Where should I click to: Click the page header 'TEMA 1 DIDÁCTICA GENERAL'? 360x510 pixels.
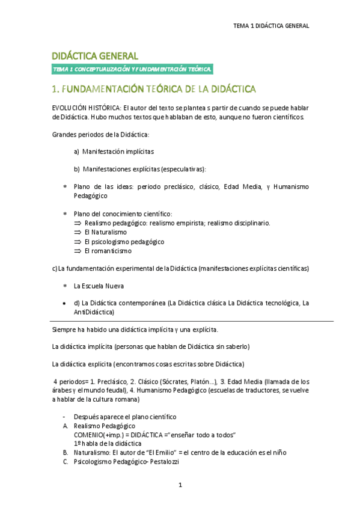pos(271,26)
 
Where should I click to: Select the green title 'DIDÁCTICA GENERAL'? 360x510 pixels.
pos(96,55)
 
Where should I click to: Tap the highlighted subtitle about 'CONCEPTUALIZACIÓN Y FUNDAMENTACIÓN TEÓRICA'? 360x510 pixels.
pos(132,69)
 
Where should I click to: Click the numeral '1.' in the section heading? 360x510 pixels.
pos(56,89)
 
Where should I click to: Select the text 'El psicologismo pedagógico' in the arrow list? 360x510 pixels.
pos(124,241)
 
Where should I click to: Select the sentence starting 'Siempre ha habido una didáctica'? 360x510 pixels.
pos(135,330)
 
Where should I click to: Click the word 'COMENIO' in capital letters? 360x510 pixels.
pos(89,434)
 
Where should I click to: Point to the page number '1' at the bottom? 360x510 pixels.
pos(180,485)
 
